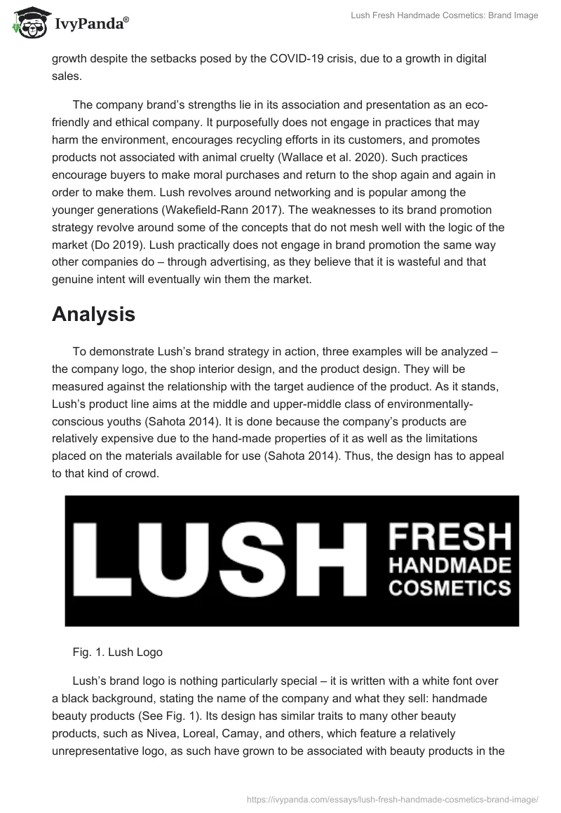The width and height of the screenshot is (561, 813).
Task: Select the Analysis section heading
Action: point(93,315)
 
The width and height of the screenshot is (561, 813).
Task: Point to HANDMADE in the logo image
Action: point(450,565)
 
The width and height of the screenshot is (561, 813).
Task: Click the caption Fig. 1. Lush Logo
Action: point(117,652)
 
